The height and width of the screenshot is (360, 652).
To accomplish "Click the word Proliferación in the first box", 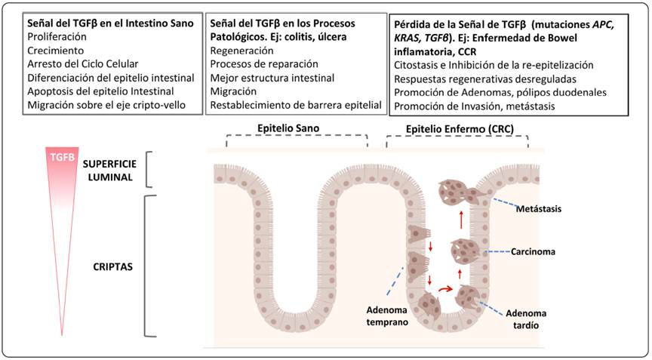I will (56, 36).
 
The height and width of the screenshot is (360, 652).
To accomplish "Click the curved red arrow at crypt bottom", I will (444, 288).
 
